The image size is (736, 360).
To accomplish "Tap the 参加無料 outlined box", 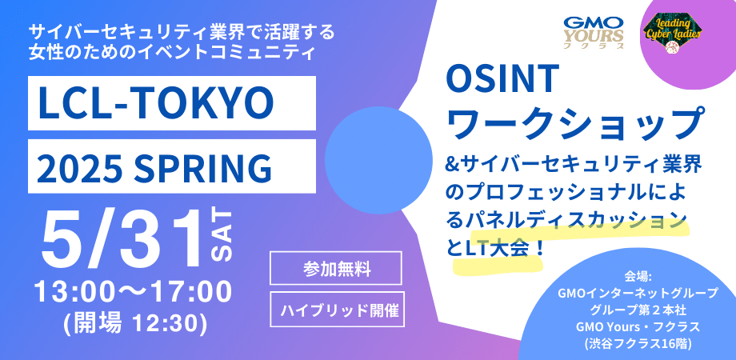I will [x=336, y=269].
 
